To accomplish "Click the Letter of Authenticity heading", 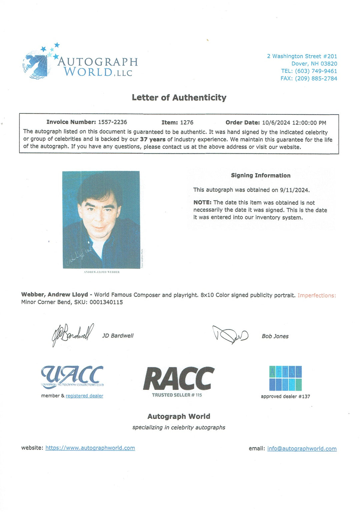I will [179, 97].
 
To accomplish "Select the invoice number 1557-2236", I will [112, 122].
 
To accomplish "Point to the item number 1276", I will [187, 122].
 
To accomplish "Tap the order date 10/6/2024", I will [276, 123].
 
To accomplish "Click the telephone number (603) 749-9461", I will [316, 71].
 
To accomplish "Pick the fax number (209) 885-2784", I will [316, 78].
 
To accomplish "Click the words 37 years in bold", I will [153, 139].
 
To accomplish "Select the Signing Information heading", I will [261, 175].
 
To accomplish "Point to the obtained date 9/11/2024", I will [294, 190].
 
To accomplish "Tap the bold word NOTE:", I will [202, 202].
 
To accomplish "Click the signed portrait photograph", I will [101, 219].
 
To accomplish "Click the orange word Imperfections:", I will [317, 296].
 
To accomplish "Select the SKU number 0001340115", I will [106, 302].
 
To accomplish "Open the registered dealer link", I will [84, 396].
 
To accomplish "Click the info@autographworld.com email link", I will [302, 449].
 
